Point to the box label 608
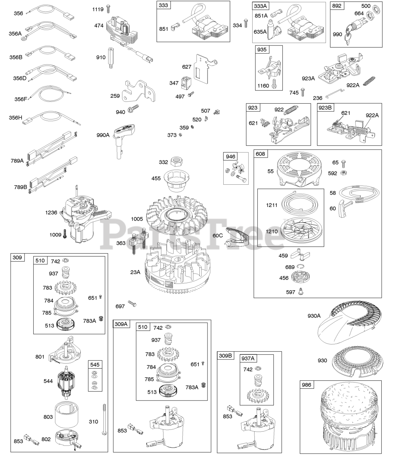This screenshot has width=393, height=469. point(261,154)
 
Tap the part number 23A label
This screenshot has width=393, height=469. point(135,272)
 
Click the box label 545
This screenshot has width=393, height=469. point(95,365)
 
